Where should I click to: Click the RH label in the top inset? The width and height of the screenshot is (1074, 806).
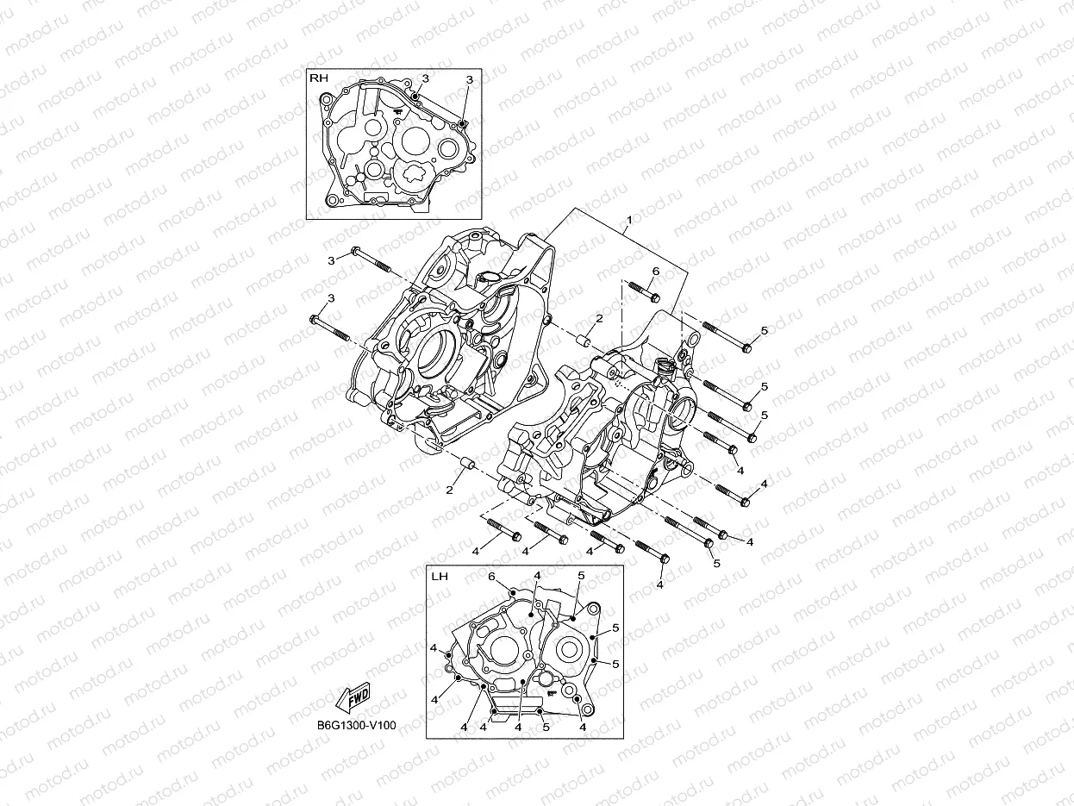[319, 78]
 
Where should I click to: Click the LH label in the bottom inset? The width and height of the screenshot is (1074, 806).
[439, 575]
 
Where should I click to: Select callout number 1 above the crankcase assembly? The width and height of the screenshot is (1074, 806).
[629, 220]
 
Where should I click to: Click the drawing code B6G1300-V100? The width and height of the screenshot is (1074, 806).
[356, 726]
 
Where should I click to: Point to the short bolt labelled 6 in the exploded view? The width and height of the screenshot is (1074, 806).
[641, 292]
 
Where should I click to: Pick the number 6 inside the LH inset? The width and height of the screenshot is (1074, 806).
[491, 576]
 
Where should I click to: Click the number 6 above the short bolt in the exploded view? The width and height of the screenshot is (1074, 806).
[655, 272]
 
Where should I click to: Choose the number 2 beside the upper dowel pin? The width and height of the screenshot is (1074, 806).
[599, 319]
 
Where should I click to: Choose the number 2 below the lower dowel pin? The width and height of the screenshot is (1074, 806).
[449, 490]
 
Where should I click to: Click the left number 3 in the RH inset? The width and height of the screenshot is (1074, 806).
[425, 78]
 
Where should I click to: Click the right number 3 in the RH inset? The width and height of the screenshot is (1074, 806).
[470, 79]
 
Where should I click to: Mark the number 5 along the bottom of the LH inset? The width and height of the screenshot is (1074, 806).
[546, 727]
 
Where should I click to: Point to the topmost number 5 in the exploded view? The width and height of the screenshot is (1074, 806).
[764, 330]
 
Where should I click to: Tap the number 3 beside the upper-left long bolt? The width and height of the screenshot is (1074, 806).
[330, 260]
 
